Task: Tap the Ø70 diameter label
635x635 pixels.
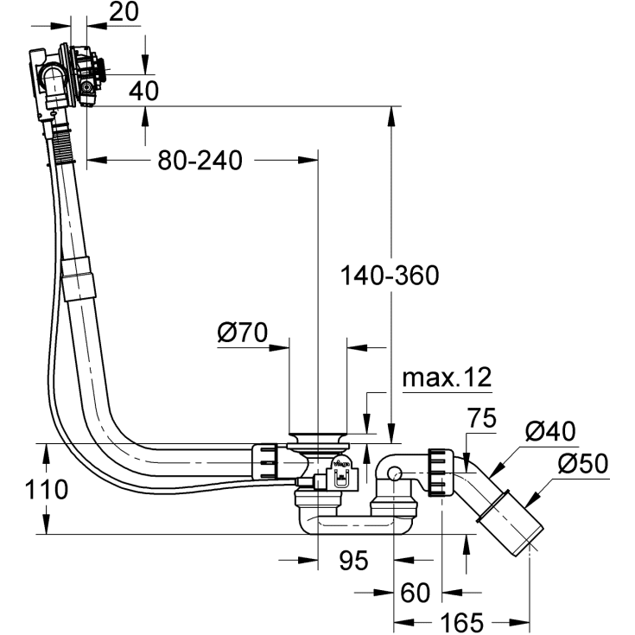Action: pos(243,332)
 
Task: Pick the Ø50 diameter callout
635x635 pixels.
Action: pos(583,464)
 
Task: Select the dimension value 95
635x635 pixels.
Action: pos(353,561)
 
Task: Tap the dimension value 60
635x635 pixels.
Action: pos(416,593)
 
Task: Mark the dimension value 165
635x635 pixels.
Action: pos(461,622)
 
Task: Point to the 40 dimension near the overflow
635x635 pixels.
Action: pos(144,91)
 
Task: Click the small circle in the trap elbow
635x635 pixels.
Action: pos(394,474)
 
